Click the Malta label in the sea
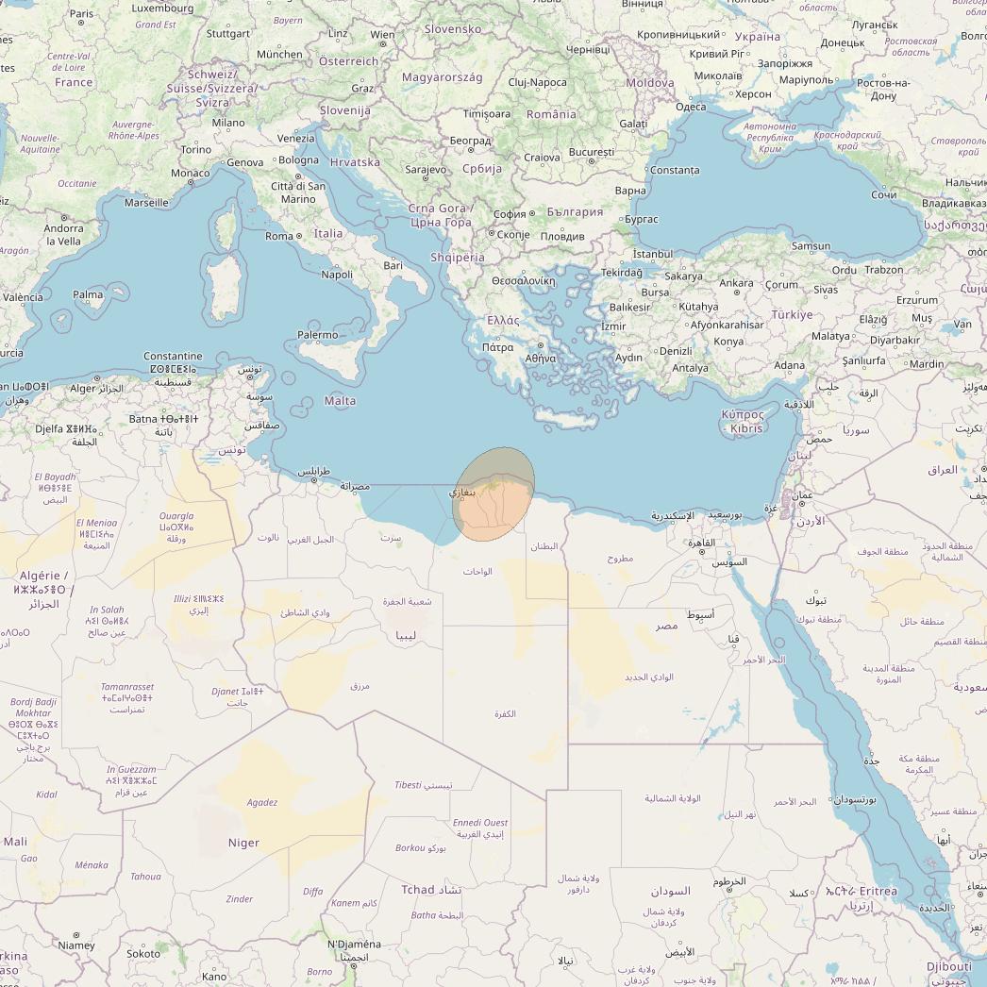pos(340,401)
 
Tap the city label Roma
pos(279,236)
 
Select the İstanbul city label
pos(653,254)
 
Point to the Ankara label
pos(736,283)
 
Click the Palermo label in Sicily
pos(317,335)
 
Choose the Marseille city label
pos(146,203)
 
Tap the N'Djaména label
pos(354,945)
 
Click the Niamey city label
pos(76,945)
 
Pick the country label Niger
pos(243,843)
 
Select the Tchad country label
pos(418,890)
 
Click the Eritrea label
pos(878,891)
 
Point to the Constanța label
pos(675,171)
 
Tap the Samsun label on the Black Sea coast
pos(811,246)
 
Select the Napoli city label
pos(337,275)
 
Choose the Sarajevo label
pos(425,170)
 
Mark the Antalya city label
pos(690,368)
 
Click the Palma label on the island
pos(88,294)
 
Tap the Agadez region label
pos(261,803)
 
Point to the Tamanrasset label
pos(127,687)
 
